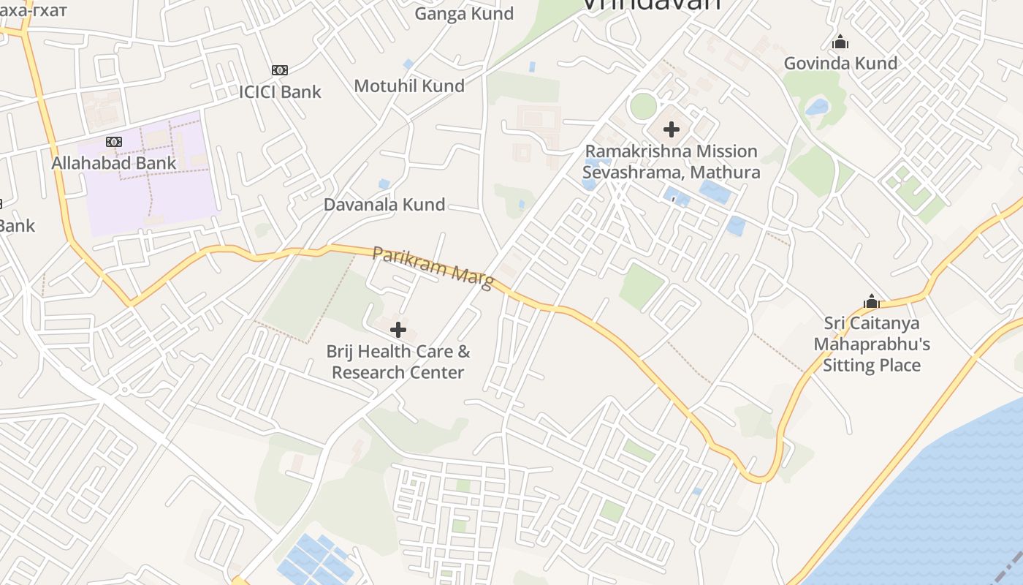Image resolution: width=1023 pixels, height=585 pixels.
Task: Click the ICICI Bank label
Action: (x=281, y=91)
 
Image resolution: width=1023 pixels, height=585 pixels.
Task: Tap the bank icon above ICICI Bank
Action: (x=280, y=70)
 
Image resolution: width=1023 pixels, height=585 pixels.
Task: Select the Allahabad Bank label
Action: (x=114, y=162)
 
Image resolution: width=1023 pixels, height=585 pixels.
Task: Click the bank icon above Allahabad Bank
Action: (x=114, y=142)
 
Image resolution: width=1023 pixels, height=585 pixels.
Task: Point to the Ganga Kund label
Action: (x=464, y=13)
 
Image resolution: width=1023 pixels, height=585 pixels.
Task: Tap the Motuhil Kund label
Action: (x=409, y=86)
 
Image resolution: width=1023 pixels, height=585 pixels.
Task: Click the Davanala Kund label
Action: (x=384, y=204)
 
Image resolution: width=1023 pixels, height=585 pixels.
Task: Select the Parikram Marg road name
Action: (x=433, y=267)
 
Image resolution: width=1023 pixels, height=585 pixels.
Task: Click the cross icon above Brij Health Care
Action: (x=398, y=330)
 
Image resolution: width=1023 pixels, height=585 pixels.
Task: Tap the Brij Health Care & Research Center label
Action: (x=398, y=362)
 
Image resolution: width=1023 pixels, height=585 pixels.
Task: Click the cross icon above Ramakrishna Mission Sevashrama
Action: (x=672, y=130)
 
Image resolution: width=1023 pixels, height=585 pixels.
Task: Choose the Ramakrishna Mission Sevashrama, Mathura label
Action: (x=672, y=162)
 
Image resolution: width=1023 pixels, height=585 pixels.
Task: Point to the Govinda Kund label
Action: (x=840, y=63)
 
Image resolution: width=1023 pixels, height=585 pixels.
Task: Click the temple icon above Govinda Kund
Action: (x=840, y=42)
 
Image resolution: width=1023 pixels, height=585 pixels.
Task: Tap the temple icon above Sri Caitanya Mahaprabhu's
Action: (x=871, y=301)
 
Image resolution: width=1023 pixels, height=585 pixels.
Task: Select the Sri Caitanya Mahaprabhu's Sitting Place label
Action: (x=872, y=344)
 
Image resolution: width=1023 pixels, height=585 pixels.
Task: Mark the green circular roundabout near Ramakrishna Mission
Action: (x=643, y=107)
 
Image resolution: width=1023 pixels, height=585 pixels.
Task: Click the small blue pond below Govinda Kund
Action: (x=817, y=107)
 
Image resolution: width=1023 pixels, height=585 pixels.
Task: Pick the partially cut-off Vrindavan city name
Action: (x=650, y=4)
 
